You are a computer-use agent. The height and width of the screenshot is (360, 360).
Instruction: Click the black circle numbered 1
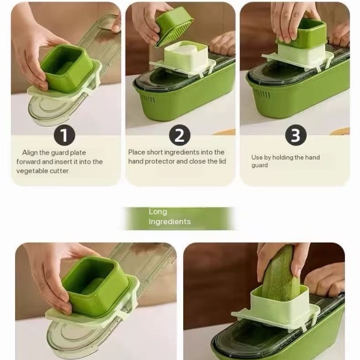point(65,135)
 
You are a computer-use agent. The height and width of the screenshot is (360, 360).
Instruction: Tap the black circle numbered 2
point(179,135)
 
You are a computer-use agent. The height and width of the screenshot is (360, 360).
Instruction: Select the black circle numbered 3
point(296,135)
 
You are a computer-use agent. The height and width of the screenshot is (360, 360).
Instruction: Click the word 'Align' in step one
point(30,153)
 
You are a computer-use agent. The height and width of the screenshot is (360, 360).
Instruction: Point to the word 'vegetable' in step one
point(32,171)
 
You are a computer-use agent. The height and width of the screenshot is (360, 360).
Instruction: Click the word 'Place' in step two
point(136,152)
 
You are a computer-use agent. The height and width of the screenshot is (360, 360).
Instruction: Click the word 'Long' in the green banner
point(158,212)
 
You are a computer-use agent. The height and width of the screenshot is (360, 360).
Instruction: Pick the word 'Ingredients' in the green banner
point(170,222)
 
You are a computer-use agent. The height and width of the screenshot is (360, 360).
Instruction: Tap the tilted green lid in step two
point(174,26)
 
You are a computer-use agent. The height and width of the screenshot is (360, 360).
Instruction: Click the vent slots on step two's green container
point(147,99)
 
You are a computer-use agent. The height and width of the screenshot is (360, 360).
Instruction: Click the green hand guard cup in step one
point(67,68)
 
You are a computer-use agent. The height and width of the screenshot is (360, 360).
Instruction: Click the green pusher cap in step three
point(301,33)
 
